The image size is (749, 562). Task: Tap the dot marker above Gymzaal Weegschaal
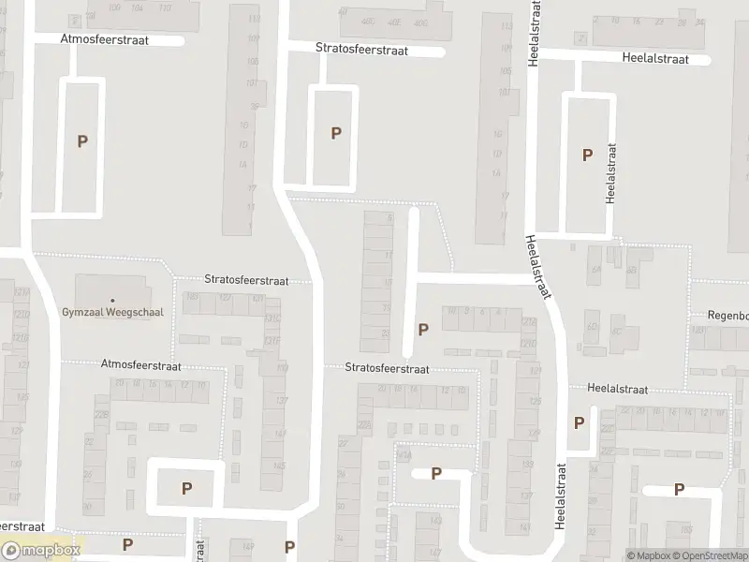(x=111, y=301)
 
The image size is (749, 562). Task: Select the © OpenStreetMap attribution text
(x=709, y=555)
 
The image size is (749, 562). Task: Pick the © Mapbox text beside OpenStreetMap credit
(x=650, y=555)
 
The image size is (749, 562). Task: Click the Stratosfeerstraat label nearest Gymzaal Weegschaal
(x=246, y=280)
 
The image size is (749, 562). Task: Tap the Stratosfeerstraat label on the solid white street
(x=361, y=50)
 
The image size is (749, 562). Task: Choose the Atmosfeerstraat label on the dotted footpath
(x=140, y=367)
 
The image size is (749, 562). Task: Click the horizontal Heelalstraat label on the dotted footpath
(x=624, y=388)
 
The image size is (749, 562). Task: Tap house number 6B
(x=633, y=271)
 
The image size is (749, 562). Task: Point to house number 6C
(x=617, y=331)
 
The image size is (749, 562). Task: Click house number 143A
(x=404, y=456)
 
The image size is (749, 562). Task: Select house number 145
(x=278, y=466)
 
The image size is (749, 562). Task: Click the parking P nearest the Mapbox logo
(x=127, y=544)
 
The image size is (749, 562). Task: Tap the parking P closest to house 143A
(x=436, y=473)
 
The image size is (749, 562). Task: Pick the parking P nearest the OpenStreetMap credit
(x=679, y=489)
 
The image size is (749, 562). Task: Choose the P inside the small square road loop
(x=186, y=487)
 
